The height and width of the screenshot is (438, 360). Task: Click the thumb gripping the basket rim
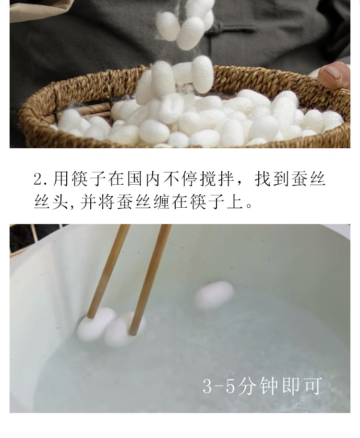334,75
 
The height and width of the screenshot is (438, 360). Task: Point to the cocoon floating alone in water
214,295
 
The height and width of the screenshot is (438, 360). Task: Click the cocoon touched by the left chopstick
96,325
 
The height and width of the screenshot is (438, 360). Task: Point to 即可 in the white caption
304,386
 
